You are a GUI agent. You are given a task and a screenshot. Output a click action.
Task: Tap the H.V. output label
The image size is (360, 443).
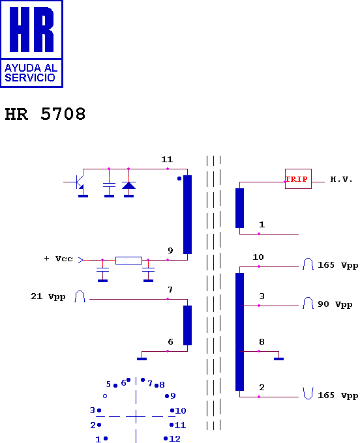point(341,179)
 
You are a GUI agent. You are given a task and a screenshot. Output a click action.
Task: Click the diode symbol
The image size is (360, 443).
point(128,185)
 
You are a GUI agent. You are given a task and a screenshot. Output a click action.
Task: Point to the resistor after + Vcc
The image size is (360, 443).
point(128,260)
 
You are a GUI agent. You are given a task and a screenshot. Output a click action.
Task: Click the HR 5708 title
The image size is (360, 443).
point(45,114)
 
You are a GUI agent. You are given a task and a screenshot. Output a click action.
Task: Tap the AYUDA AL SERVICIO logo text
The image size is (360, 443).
point(31,72)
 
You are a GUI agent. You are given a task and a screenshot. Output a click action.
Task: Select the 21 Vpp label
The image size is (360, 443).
point(48,296)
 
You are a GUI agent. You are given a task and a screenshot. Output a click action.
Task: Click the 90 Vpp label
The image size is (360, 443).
point(335,304)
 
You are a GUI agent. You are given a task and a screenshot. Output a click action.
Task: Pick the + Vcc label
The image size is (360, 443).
point(59,259)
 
